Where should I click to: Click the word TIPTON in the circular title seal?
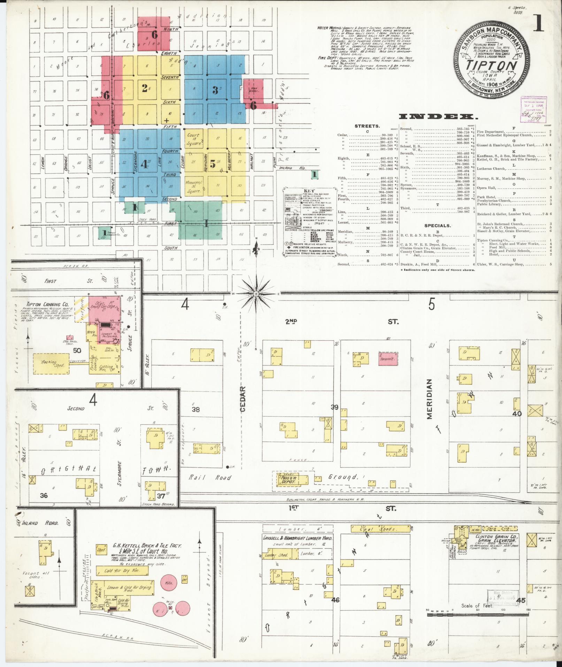pos(492,66)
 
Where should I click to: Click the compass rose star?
pos(256,294)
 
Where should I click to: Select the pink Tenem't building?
pos(388,358)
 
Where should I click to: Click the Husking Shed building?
pos(51,363)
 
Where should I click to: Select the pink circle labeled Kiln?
pos(169,582)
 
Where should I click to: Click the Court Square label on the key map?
pos(193,139)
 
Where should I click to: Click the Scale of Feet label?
pos(477,605)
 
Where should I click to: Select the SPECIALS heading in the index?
pos(437,226)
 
